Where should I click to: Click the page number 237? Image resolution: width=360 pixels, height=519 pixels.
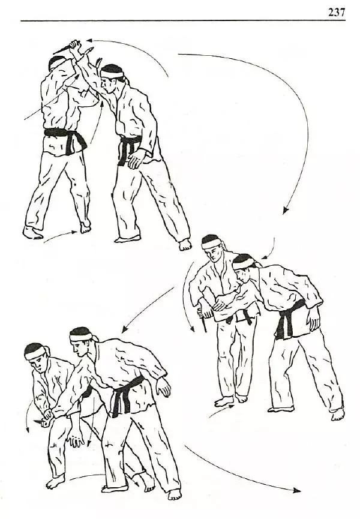click(x=337, y=12)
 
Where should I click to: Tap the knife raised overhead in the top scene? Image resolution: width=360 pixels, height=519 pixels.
click(x=66, y=47)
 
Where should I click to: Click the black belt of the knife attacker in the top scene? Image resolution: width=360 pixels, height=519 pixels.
click(x=66, y=139)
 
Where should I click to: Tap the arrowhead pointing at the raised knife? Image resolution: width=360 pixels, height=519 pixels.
click(x=89, y=40)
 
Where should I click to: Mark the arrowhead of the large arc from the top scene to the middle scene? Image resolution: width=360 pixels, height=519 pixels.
click(x=286, y=210)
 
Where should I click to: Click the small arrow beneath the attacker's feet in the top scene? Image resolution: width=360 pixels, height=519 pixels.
click(x=61, y=236)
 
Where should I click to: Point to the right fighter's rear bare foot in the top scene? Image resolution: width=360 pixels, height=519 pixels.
click(x=185, y=244)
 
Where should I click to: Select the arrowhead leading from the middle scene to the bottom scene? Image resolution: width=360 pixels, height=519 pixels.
click(x=124, y=329)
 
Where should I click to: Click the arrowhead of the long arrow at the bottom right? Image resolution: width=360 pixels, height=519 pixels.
click(x=297, y=491)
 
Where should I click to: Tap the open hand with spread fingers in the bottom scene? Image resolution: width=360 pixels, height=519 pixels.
click(x=76, y=439)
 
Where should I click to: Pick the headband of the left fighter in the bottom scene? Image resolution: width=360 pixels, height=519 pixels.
click(x=35, y=353)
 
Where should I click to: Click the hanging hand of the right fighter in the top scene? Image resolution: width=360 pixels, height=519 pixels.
click(x=137, y=158)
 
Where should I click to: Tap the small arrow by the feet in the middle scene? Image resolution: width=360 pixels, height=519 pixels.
click(x=221, y=410)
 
